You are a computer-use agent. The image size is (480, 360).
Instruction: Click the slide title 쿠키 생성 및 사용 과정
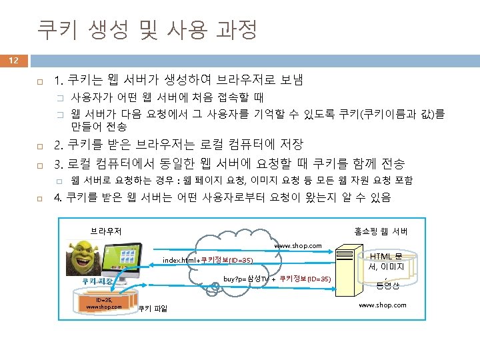[x=147, y=28]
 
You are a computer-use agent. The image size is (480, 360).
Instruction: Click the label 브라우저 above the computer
[x=106, y=231]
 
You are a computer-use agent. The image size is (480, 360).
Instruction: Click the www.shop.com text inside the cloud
[x=298, y=246]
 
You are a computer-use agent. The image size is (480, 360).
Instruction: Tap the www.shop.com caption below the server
[x=382, y=305]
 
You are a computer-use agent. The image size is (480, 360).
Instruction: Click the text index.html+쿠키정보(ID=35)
[x=208, y=260]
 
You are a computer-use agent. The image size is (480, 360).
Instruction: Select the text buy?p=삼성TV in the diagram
[x=246, y=278]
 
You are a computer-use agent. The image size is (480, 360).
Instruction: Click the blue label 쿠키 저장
[x=97, y=281]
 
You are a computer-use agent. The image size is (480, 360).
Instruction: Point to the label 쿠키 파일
[x=153, y=308]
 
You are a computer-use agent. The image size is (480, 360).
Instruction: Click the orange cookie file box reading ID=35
[x=99, y=303]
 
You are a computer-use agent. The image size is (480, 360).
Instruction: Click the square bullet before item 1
[x=40, y=81]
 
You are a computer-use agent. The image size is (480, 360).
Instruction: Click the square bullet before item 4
[x=40, y=198]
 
